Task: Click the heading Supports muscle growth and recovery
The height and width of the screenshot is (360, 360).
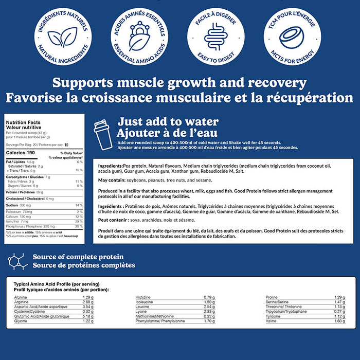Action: click(179, 83)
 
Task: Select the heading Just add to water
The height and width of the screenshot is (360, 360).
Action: click(168, 122)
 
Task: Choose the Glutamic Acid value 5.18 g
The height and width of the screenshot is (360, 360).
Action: click(88, 316)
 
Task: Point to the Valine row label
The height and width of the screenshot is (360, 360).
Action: click(271, 321)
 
